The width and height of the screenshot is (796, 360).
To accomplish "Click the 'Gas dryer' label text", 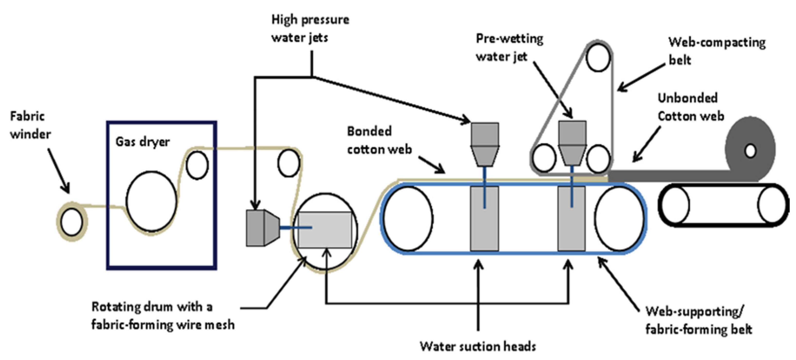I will (x=142, y=142).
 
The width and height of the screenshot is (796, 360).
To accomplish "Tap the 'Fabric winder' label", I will (x=30, y=125).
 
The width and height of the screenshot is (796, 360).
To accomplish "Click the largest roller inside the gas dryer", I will (x=151, y=202).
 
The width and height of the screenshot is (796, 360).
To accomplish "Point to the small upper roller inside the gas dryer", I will (x=197, y=165).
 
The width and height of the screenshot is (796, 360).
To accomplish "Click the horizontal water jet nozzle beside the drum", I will (x=263, y=228).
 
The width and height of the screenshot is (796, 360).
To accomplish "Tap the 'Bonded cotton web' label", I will (x=379, y=140).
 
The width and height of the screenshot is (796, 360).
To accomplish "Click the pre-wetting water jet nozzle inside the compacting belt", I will (x=572, y=143).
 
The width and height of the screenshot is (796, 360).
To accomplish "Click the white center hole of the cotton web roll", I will (x=750, y=151).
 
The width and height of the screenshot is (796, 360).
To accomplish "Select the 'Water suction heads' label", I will (x=478, y=346).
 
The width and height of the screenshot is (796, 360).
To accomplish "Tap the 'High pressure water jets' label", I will (x=310, y=28).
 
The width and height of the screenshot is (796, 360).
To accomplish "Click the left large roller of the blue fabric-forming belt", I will (x=408, y=219).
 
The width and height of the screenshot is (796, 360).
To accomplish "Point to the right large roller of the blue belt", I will (x=619, y=219).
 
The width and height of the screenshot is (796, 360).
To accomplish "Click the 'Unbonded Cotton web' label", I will (x=691, y=107).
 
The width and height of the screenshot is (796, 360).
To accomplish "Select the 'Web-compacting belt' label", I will (x=717, y=51).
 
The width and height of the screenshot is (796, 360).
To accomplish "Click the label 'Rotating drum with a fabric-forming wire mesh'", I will (x=163, y=316).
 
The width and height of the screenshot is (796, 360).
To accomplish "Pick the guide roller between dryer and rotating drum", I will (x=289, y=163).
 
